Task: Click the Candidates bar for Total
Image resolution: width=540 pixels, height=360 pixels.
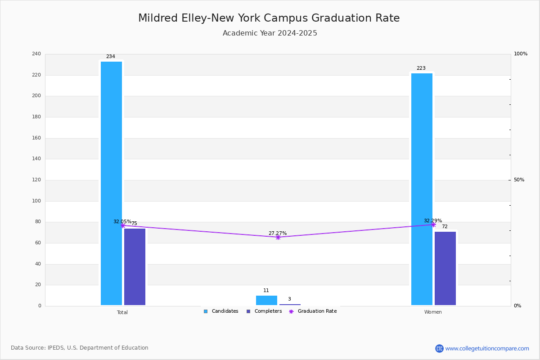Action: (x=111, y=183)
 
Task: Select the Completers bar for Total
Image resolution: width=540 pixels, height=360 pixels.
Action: (x=135, y=267)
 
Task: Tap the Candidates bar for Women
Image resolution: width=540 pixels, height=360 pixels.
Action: (x=422, y=189)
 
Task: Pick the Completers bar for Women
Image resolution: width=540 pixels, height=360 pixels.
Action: (x=445, y=268)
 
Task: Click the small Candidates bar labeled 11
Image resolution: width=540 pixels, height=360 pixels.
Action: (x=266, y=300)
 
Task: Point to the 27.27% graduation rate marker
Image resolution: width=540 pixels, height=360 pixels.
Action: (x=278, y=238)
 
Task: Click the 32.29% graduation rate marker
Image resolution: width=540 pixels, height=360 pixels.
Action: (x=433, y=225)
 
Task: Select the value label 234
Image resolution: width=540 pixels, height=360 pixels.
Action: (x=111, y=56)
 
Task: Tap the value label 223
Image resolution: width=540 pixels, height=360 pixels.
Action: (x=421, y=68)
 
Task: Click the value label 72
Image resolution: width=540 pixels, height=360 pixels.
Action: (x=445, y=226)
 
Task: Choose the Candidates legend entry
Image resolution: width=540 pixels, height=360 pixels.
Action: (x=221, y=311)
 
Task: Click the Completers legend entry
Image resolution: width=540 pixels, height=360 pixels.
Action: (x=264, y=311)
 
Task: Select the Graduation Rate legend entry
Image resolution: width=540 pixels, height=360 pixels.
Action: (x=313, y=311)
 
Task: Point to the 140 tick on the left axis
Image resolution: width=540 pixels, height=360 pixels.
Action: (x=36, y=159)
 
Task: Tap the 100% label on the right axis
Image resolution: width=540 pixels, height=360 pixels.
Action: (x=521, y=54)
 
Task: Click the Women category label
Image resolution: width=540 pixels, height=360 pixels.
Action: (x=433, y=312)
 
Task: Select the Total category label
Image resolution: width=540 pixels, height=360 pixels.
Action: (x=122, y=312)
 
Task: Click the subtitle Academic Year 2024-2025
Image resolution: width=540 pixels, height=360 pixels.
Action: (x=270, y=33)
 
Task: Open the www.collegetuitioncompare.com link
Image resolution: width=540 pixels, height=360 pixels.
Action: (x=487, y=348)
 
